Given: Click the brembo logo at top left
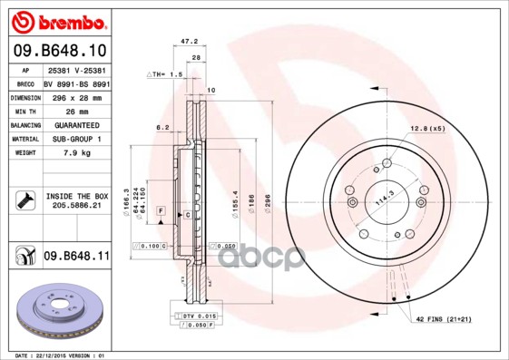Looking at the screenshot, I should point(59,21).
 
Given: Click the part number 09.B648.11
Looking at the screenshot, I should point(76,257).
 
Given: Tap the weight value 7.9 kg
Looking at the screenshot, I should point(76,153).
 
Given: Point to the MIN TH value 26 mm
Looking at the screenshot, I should point(76,110).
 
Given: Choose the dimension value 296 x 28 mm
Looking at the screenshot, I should point(76,96).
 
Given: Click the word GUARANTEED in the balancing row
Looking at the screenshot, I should point(76,124).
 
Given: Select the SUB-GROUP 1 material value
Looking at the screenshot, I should point(76,139).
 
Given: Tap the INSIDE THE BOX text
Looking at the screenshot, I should point(76,195).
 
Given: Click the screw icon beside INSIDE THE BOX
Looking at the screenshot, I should point(24,200).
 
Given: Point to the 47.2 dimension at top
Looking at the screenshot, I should point(189,42).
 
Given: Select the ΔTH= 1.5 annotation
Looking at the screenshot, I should point(165,73).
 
